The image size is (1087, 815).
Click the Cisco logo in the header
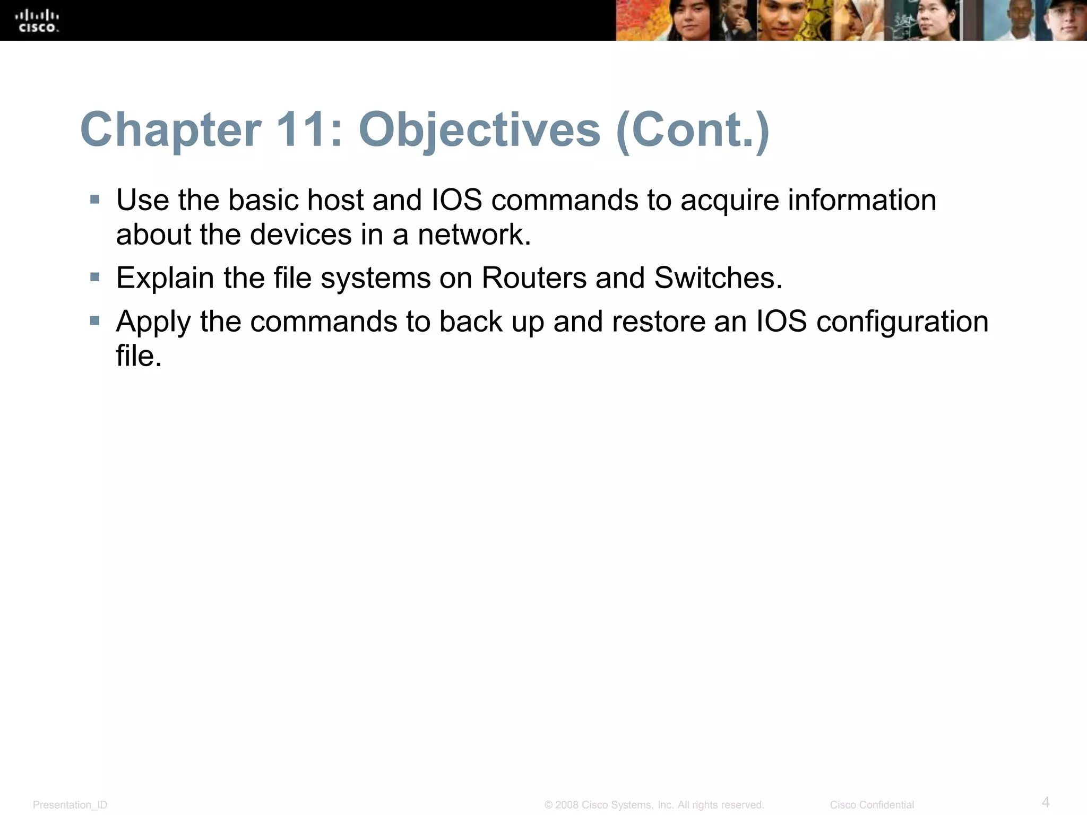pyautogui.click(x=37, y=21)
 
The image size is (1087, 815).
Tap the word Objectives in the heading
pyautogui.click(x=479, y=130)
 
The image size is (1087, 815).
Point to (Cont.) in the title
pyautogui.click(x=692, y=130)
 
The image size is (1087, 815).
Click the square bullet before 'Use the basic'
pyautogui.click(x=95, y=200)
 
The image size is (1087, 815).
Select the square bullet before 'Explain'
pyautogui.click(x=95, y=277)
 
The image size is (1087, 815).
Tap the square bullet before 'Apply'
pyautogui.click(x=95, y=320)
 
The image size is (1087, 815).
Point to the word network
pyautogui.click(x=474, y=235)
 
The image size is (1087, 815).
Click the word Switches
pyautogui.click(x=718, y=278)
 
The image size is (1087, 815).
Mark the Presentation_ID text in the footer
pyautogui.click(x=70, y=805)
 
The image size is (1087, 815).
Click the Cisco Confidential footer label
pyautogui.click(x=872, y=805)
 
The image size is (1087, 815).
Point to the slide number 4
pyautogui.click(x=1045, y=802)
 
